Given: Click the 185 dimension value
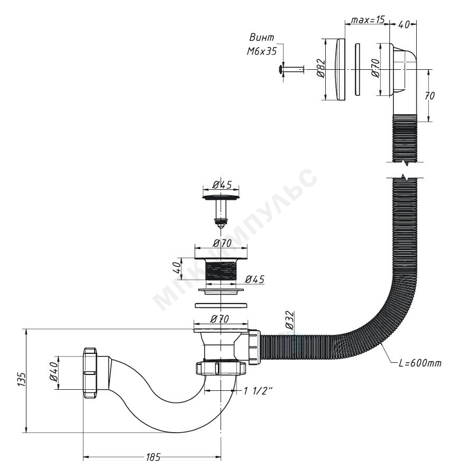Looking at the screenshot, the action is pos(153,457).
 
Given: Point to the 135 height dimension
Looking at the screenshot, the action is pos(21,379).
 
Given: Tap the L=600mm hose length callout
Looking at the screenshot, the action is pos(420,363).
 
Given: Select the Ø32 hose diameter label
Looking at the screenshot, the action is pos(289,321).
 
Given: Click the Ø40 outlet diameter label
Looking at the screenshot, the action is pos(53,372).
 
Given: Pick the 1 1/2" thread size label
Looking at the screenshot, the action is pos(258,391).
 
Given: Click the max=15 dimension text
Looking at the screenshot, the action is pos(368,20).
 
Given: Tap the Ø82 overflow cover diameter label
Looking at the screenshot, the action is pos(321,69).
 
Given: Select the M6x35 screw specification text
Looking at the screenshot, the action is pos(262,51).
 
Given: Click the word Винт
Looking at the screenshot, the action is pos(261,38).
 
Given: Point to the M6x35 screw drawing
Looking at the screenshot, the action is pos(291,70).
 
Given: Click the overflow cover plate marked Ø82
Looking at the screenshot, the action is pos(340,69).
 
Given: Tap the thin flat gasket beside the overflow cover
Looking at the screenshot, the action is pos(358,69).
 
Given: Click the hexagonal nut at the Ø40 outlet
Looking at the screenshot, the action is pos(89,373).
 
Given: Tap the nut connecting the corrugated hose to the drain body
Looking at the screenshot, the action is pos(255,347).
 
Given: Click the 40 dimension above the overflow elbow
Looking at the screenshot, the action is pos(404,24).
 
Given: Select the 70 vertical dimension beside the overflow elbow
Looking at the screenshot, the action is pos(429,96).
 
